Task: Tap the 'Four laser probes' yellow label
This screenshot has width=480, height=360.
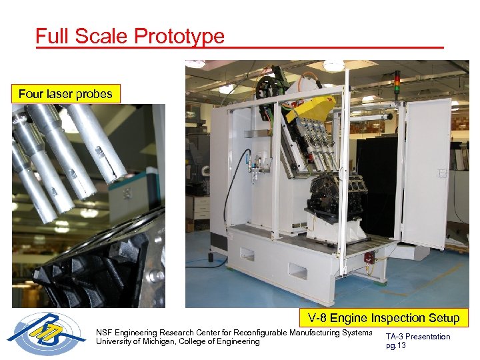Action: pyautogui.click(x=65, y=94)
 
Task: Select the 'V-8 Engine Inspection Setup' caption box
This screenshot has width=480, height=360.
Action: pyautogui.click(x=383, y=317)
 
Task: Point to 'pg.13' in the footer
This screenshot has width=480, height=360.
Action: pyautogui.click(x=396, y=345)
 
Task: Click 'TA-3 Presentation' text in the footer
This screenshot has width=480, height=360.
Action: pyautogui.click(x=418, y=336)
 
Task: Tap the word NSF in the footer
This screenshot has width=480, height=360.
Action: pyautogui.click(x=105, y=332)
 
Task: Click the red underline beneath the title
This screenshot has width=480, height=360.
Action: pyautogui.click(x=240, y=47)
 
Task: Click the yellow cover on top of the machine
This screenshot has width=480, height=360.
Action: pyautogui.click(x=311, y=107)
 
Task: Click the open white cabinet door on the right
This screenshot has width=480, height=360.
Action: pyautogui.click(x=427, y=173)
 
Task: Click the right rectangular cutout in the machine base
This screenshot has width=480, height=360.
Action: pyautogui.click(x=298, y=271)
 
